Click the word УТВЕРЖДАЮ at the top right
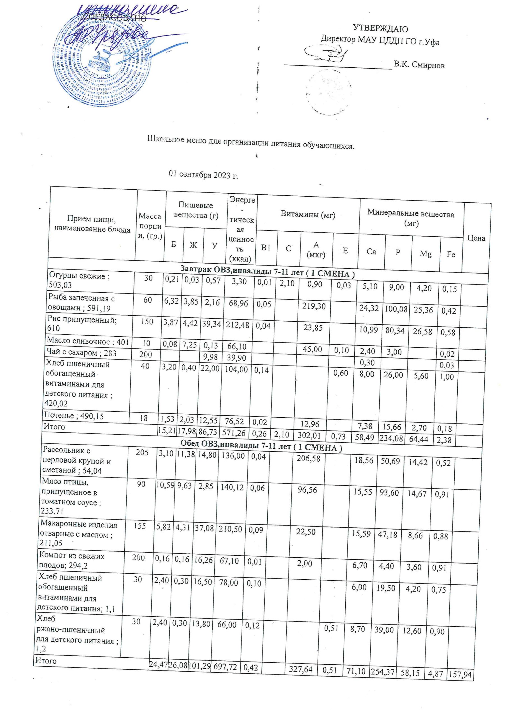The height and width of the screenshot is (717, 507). pyautogui.click(x=380, y=29)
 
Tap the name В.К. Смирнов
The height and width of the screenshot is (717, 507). pyautogui.click(x=419, y=65)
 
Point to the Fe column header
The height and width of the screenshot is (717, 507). pyautogui.click(x=450, y=254)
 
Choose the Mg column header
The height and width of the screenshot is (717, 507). pyautogui.click(x=425, y=253)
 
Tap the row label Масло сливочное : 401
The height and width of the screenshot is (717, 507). pyautogui.click(x=87, y=342)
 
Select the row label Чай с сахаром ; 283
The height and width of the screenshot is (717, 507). pyautogui.click(x=81, y=353)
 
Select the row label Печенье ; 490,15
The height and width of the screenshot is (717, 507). pyautogui.click(x=74, y=416)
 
